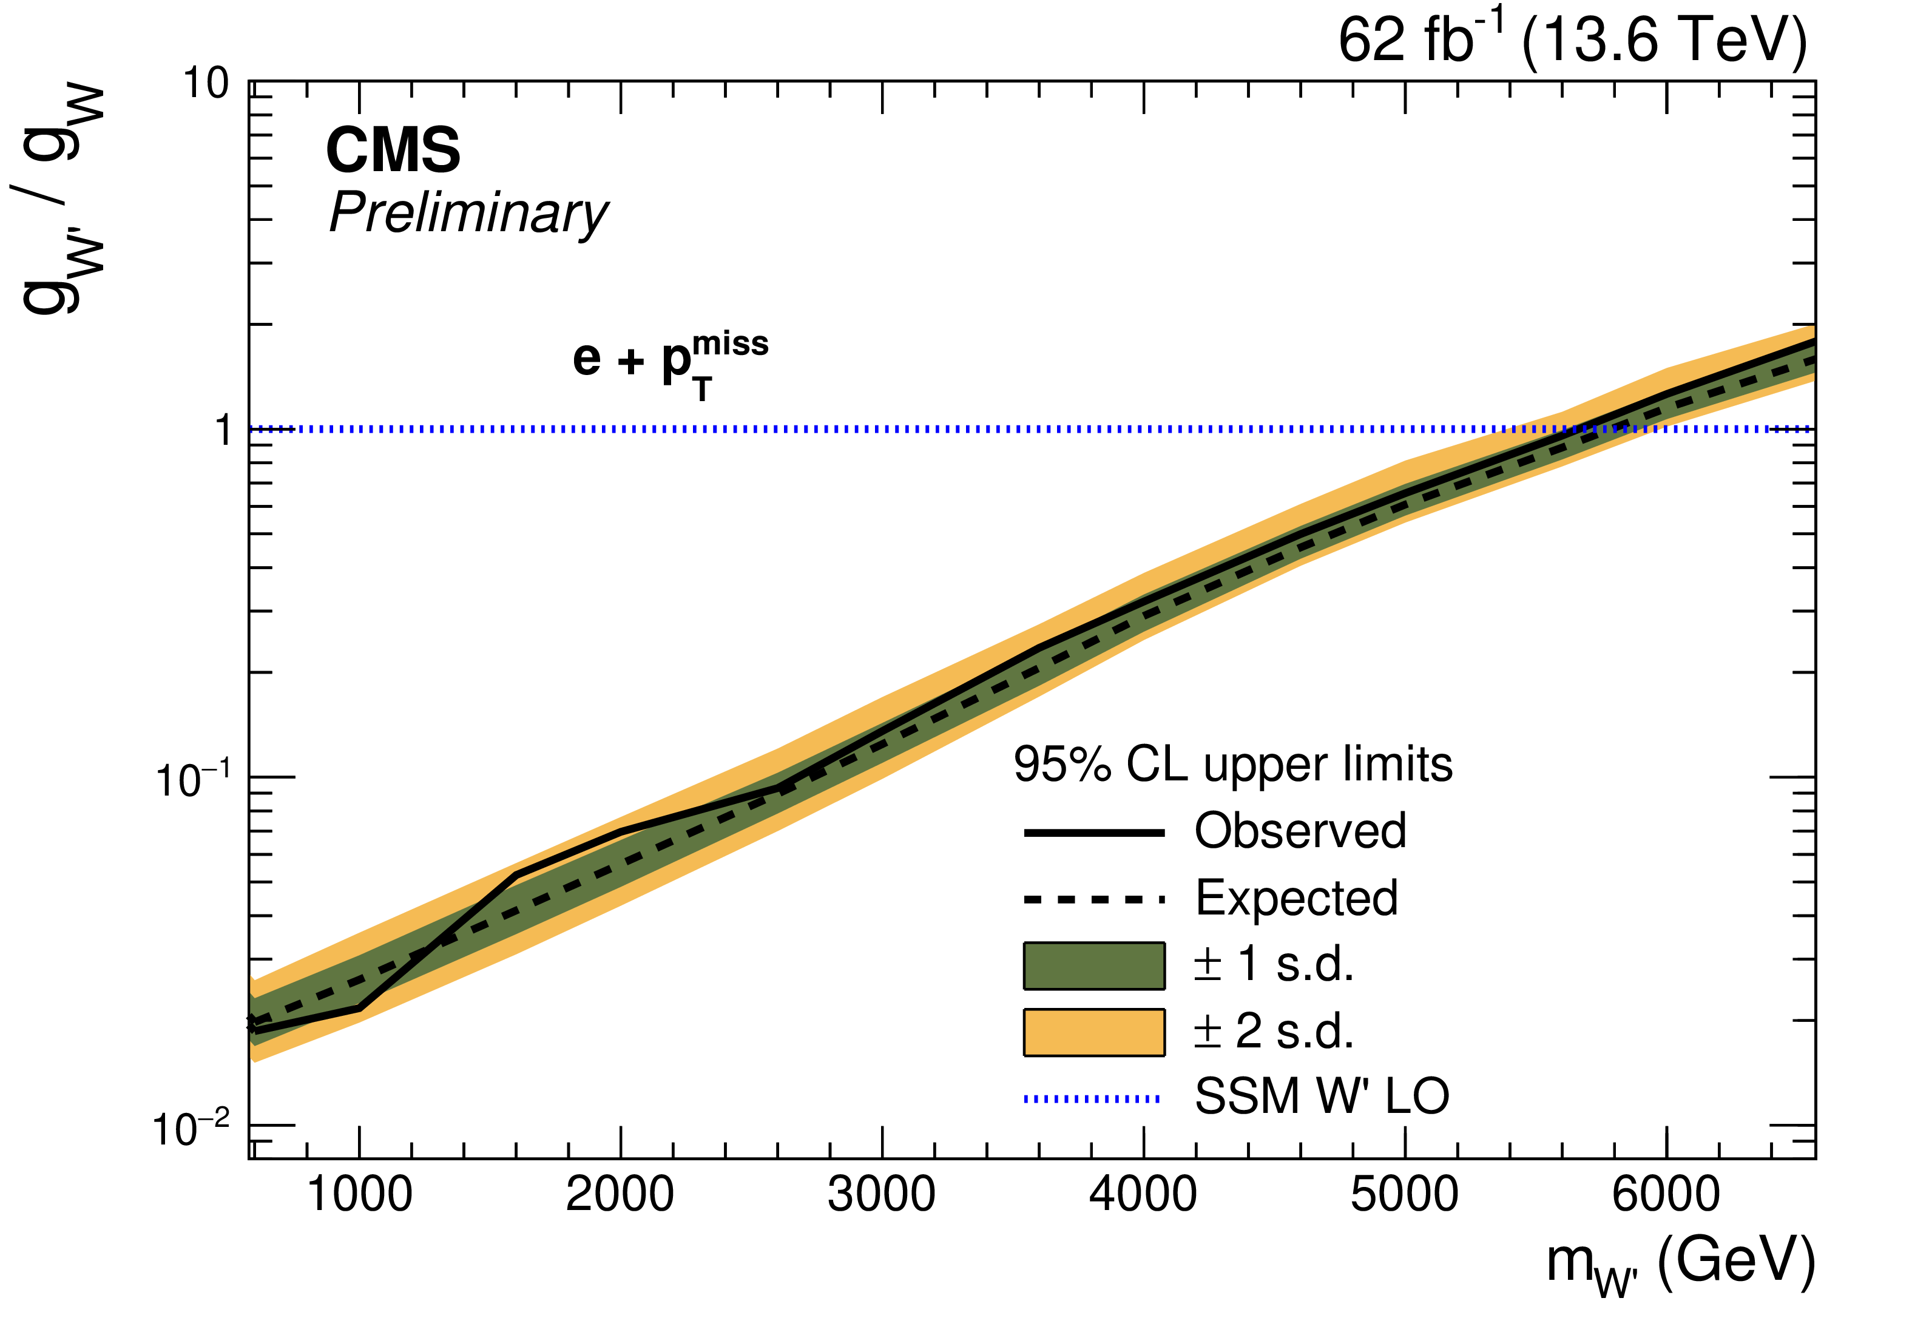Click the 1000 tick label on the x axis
pyautogui.click(x=360, y=1194)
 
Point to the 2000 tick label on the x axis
pyautogui.click(x=620, y=1194)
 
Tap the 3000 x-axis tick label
pyautogui.click(x=882, y=1194)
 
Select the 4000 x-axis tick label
pyautogui.click(x=1143, y=1194)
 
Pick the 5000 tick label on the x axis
pyautogui.click(x=1405, y=1194)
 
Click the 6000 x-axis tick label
pyautogui.click(x=1666, y=1194)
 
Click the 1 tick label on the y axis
pyautogui.click(x=222, y=431)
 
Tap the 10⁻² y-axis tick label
pyautogui.click(x=191, y=1129)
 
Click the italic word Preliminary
pyautogui.click(x=469, y=213)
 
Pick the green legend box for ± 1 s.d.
pyautogui.click(x=1094, y=966)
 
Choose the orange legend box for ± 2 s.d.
pyautogui.click(x=1094, y=1033)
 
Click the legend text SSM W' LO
pyautogui.click(x=1322, y=1097)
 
